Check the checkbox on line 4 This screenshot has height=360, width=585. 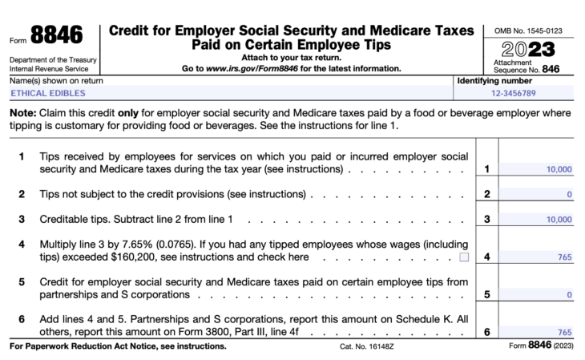pos(464,257)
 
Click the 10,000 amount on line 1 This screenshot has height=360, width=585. pos(558,169)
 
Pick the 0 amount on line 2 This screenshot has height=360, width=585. pos(569,194)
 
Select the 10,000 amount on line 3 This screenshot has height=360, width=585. pos(558,219)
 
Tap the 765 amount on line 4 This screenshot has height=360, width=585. pos(563,257)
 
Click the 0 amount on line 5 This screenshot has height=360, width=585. pos(569,294)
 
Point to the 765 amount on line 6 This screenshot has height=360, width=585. pos(563,331)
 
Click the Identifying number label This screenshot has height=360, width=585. pos(493,82)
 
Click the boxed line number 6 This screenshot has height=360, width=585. pos(486,331)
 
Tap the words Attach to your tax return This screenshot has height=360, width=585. pos(291,58)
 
